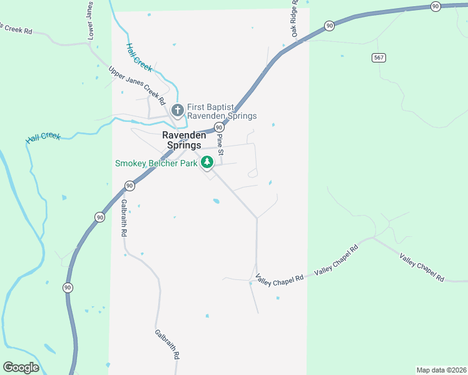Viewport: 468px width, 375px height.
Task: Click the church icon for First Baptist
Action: pos(178,111)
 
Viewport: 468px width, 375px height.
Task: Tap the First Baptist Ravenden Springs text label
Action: pos(221,111)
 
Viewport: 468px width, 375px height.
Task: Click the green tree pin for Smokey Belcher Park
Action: pos(207,162)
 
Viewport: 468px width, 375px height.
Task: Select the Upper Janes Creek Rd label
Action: pos(136,85)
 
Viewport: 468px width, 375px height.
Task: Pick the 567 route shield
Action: pos(379,57)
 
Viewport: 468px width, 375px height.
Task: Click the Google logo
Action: pos(21,367)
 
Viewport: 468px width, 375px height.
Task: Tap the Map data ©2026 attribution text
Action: pos(440,369)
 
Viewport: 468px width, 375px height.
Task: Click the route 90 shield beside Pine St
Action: pos(218,127)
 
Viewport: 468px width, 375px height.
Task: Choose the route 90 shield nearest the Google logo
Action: pos(67,287)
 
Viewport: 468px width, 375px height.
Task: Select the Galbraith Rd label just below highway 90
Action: pos(124,217)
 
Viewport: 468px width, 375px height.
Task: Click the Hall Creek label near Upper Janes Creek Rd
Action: pos(138,57)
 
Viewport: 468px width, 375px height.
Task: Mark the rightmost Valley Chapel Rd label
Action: pos(422,267)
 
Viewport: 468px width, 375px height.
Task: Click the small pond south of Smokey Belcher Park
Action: pos(216,201)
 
